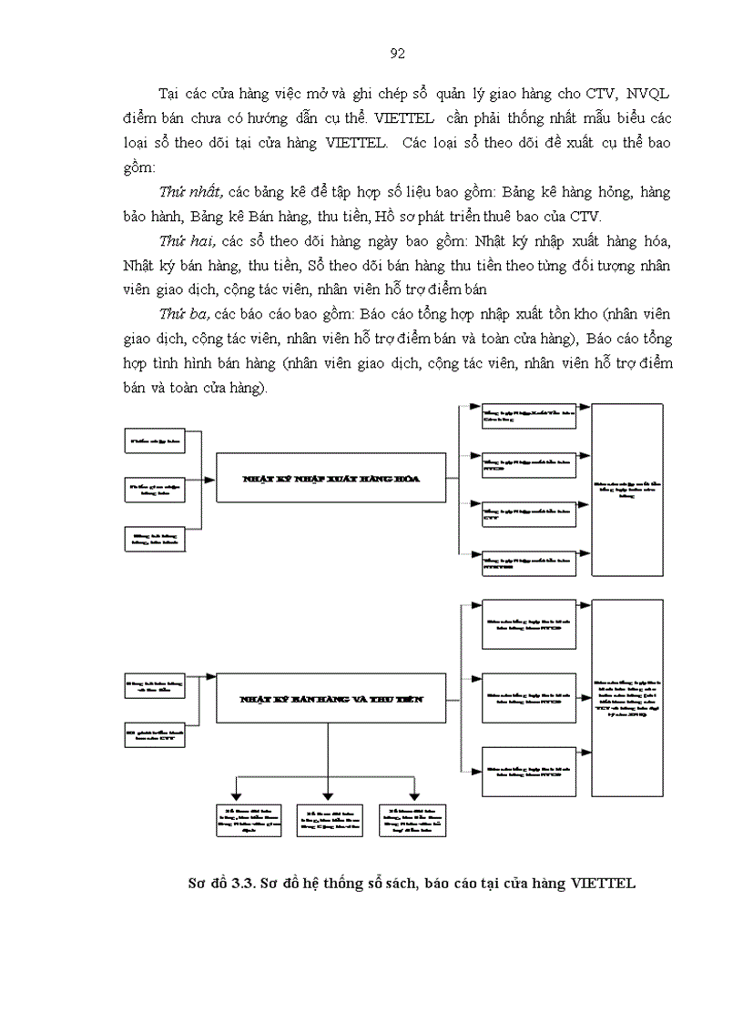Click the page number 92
pos(397,54)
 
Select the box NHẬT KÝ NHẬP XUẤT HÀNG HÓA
pos(330,477)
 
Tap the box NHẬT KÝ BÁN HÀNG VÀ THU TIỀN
pos(330,698)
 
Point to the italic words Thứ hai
pos(185,241)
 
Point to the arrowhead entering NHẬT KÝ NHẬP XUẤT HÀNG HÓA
pos(211,476)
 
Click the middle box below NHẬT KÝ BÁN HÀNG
pos(326,814)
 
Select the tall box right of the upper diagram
pos(627,490)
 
